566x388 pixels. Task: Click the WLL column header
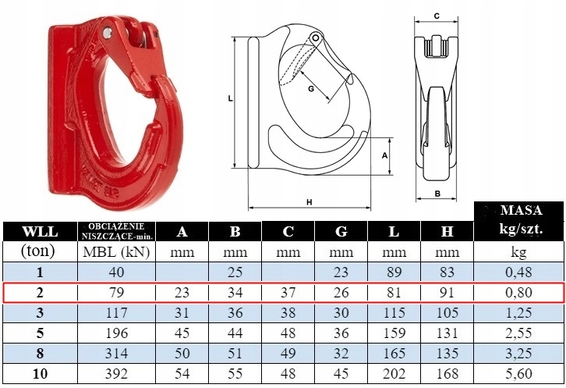pyautogui.click(x=40, y=231)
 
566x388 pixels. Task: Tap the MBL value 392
pyautogui.click(x=116, y=373)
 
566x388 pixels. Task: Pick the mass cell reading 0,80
pyautogui.click(x=518, y=292)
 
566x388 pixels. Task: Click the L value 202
pyautogui.click(x=394, y=373)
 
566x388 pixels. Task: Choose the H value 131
pyautogui.click(x=447, y=333)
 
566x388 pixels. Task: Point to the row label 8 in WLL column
pyautogui.click(x=40, y=354)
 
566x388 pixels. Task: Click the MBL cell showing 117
pyautogui.click(x=116, y=312)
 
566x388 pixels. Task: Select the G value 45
pyautogui.click(x=341, y=373)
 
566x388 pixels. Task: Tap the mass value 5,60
pyautogui.click(x=518, y=373)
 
